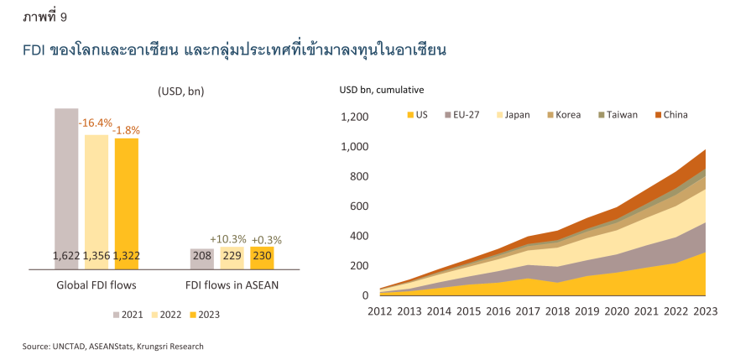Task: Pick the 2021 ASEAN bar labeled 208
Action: (202, 257)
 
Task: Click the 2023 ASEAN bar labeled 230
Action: (262, 256)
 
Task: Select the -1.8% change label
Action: (127, 130)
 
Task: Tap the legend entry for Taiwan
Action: (617, 115)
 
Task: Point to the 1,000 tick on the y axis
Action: (353, 147)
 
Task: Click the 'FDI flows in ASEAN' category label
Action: (232, 284)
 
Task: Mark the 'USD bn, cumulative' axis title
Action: (381, 90)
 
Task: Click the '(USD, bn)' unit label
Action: (180, 91)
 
